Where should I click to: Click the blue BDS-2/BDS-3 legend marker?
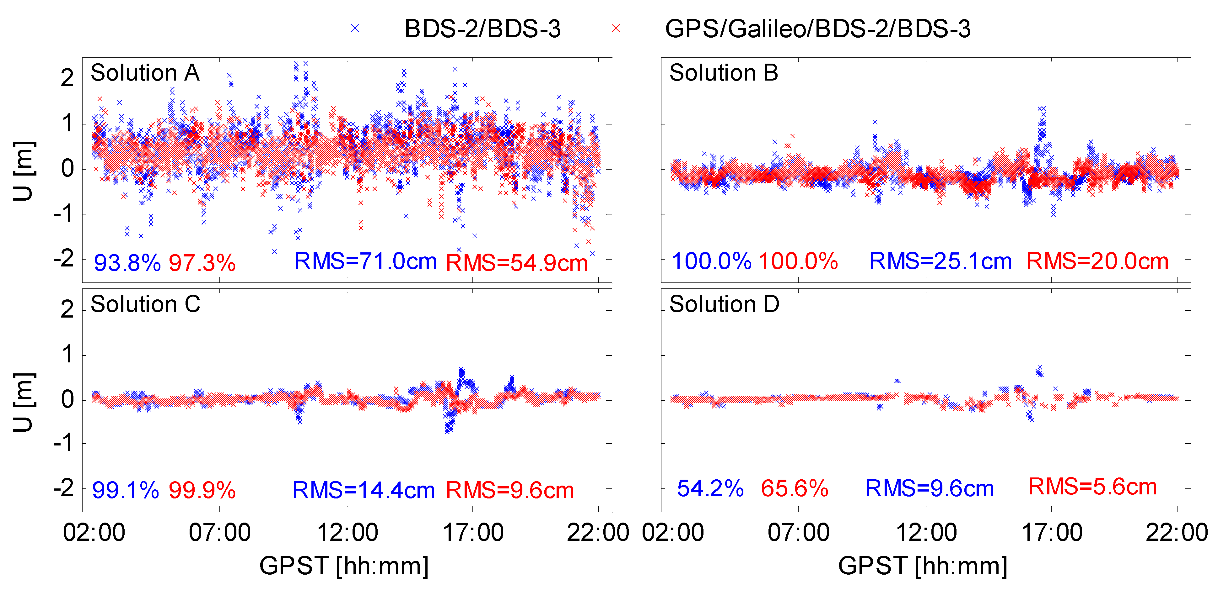355,29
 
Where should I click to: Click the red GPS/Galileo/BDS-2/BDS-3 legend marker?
616,29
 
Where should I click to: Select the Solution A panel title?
145,73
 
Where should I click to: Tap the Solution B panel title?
724,73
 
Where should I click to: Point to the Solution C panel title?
145,304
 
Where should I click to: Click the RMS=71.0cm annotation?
365,261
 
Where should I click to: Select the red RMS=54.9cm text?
516,263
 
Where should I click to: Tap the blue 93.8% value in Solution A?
127,263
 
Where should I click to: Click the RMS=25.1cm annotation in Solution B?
940,261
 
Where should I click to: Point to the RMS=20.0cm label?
1097,261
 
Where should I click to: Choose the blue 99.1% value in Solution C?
125,490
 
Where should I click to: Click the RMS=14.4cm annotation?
363,490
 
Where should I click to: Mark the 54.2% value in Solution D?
710,488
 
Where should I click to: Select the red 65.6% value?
794,488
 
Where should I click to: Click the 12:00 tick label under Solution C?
347,533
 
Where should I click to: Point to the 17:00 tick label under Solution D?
1052,533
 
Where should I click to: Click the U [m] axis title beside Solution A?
23,171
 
